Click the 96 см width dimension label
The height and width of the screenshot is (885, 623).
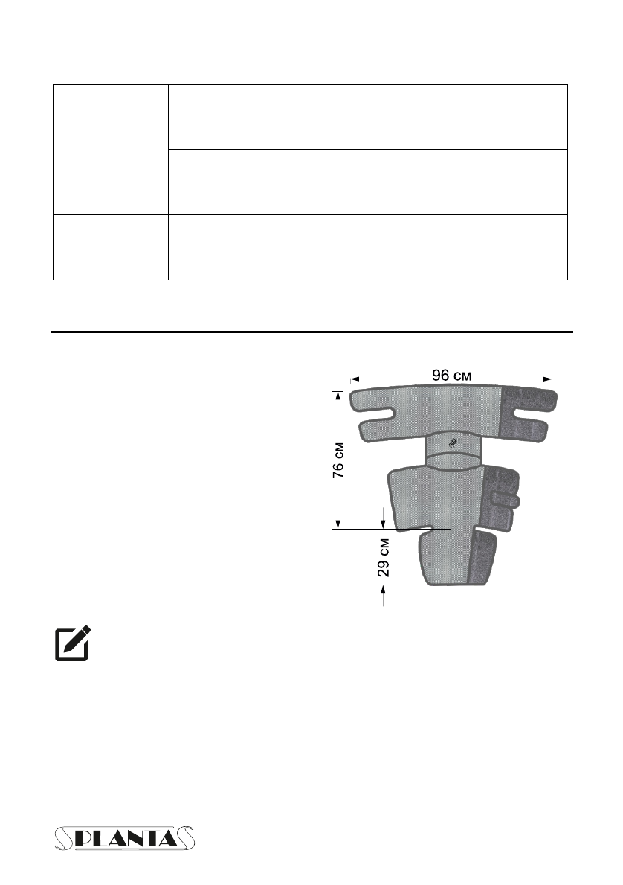(451, 376)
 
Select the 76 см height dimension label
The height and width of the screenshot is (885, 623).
(338, 460)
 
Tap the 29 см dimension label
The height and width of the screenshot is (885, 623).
(383, 557)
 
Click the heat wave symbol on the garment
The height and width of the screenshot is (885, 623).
(453, 444)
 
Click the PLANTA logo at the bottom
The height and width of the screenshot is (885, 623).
(125, 838)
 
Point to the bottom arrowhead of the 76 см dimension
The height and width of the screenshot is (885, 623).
(338, 524)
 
